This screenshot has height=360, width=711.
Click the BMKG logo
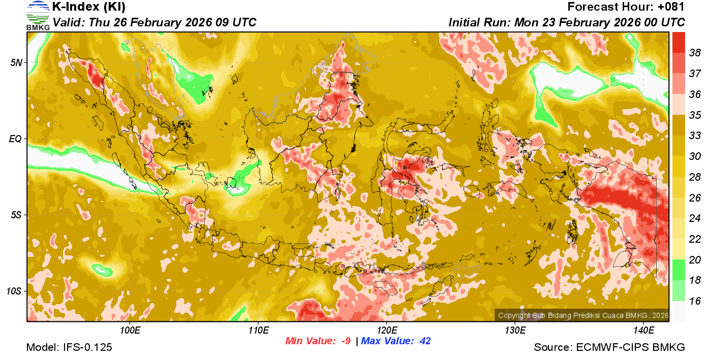pyautogui.click(x=38, y=15)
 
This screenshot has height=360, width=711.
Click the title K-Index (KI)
pyautogui.click(x=89, y=7)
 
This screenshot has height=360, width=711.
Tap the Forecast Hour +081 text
pyautogui.click(x=626, y=7)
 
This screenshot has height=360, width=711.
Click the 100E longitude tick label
pyautogui.click(x=130, y=331)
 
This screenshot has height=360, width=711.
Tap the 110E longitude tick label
pyautogui.click(x=258, y=331)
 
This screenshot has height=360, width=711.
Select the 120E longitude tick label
pyautogui.click(x=386, y=331)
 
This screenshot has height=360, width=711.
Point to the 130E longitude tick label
pyautogui.click(x=515, y=331)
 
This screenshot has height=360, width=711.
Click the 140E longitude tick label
pyautogui.click(x=643, y=331)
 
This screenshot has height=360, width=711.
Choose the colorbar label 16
pyautogui.click(x=695, y=301)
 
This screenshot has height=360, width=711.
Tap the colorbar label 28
pyautogui.click(x=695, y=177)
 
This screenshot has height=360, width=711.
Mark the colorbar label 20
pyautogui.click(x=695, y=260)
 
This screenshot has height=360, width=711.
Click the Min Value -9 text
pyautogui.click(x=318, y=341)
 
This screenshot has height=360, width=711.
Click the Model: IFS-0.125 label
pyautogui.click(x=69, y=348)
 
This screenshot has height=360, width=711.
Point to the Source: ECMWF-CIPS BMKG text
pyautogui.click(x=609, y=348)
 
